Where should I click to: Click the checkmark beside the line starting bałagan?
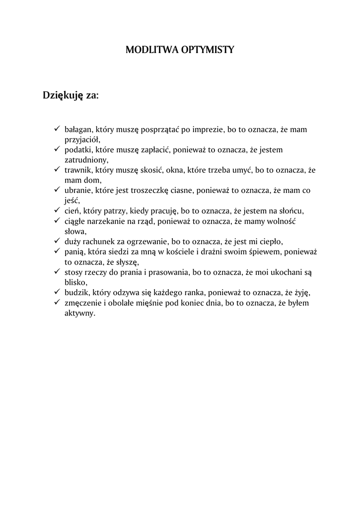pos(57,129)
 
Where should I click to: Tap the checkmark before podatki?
pos(57,149)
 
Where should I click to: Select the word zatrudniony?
pos(86,160)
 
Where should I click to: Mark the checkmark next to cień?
pos(57,210)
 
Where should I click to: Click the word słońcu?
pos(289,210)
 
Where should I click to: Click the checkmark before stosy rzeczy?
pos(57,271)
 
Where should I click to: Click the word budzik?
pos(76,292)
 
